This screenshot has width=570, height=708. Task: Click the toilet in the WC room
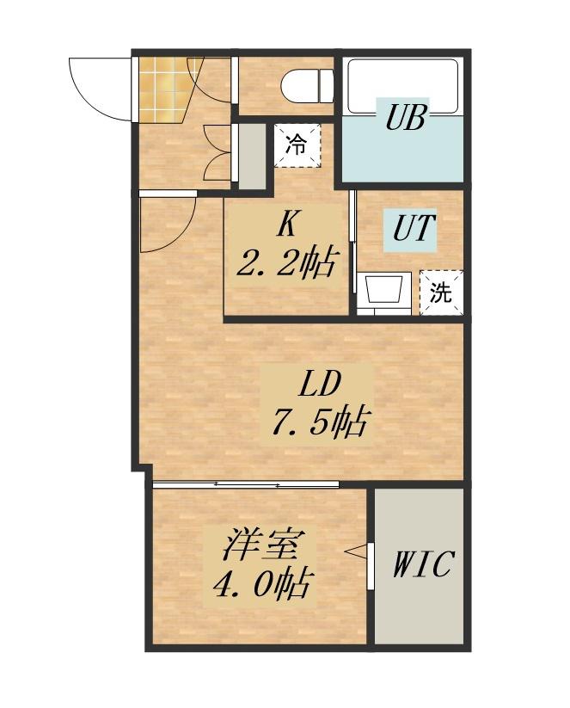pos(307,85)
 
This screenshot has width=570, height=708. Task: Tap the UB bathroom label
pos(405,116)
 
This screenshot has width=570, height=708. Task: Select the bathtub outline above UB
pos(403,87)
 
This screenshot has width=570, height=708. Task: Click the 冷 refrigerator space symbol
pos(297,145)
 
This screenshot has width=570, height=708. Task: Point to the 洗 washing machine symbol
pos(441,292)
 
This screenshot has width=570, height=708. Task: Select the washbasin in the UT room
pos(384,288)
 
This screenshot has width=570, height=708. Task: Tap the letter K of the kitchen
pos(287,225)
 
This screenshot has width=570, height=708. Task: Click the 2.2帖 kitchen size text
pos(286,262)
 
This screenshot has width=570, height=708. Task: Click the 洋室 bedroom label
pos(260,545)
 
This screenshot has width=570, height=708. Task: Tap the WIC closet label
pos(421,563)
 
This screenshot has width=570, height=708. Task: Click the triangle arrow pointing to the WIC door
pos(356,551)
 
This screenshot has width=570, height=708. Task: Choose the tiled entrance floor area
pos(165,89)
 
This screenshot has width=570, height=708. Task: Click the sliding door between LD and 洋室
pos(246,484)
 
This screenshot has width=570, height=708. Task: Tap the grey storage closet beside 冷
pos(252,157)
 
